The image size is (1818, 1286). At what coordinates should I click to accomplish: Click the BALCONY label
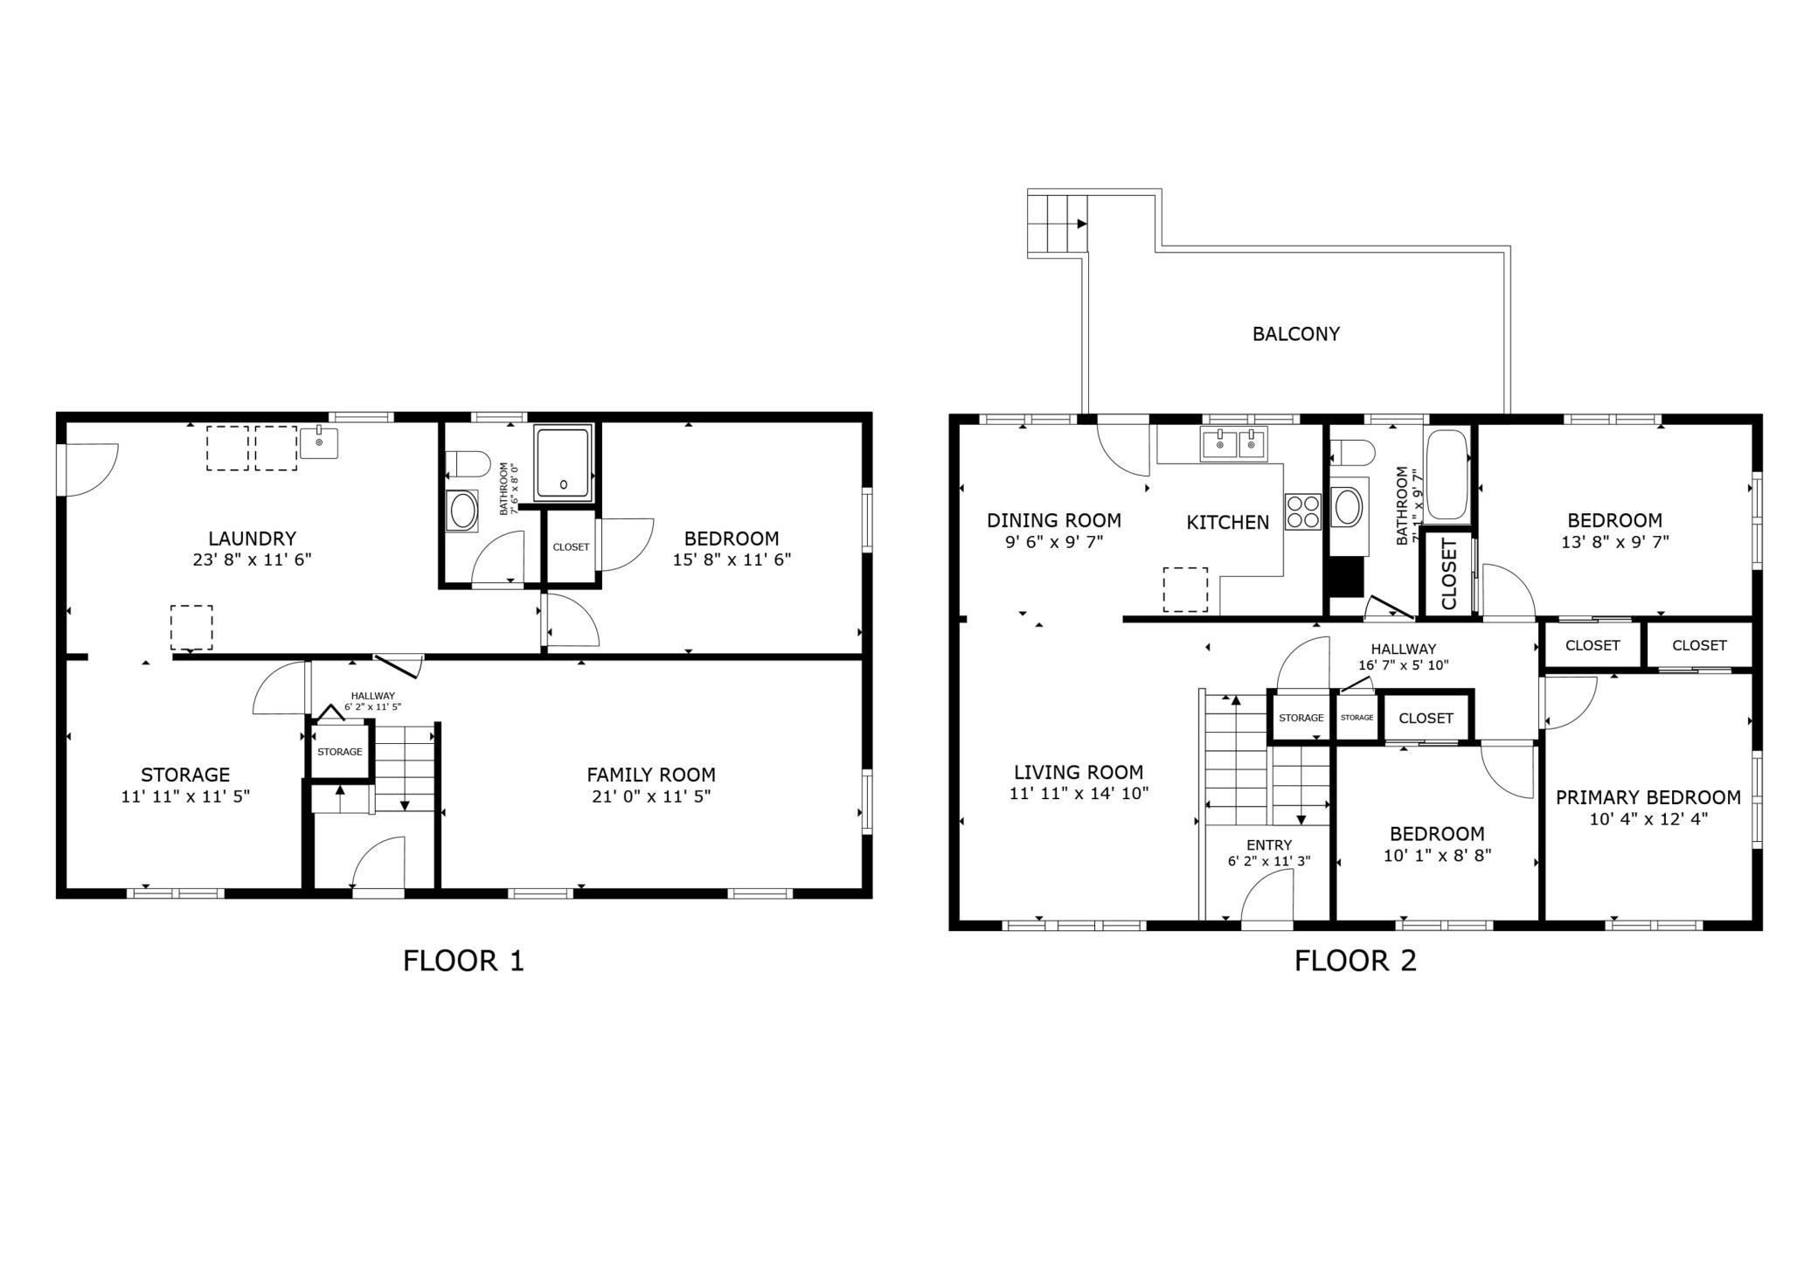click(1295, 333)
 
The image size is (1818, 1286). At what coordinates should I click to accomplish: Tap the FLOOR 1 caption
click(463, 961)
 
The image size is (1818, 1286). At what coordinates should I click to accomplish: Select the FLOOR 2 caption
click(1355, 961)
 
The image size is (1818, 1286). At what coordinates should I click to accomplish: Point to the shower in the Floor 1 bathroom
click(563, 462)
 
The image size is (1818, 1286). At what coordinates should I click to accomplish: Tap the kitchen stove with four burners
click(1302, 511)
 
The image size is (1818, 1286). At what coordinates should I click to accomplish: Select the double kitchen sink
click(1234, 445)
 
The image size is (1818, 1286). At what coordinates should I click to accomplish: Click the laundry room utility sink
click(319, 442)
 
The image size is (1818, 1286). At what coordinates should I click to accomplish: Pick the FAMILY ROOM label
click(651, 775)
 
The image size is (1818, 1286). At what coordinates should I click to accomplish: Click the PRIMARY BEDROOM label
click(1648, 797)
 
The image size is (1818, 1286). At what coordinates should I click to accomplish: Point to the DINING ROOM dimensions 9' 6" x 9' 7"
click(1054, 542)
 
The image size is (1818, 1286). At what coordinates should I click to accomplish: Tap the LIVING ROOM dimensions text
click(1079, 794)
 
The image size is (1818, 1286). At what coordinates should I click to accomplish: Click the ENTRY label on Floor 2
click(1269, 845)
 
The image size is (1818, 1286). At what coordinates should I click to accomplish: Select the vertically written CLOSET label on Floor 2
click(1448, 573)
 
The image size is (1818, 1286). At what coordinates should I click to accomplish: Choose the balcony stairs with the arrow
click(1057, 223)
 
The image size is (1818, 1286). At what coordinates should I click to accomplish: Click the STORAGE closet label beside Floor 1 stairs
click(340, 752)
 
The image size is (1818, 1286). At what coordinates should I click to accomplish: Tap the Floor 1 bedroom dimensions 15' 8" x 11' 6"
click(732, 560)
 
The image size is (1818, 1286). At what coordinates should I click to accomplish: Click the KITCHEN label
click(1227, 522)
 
